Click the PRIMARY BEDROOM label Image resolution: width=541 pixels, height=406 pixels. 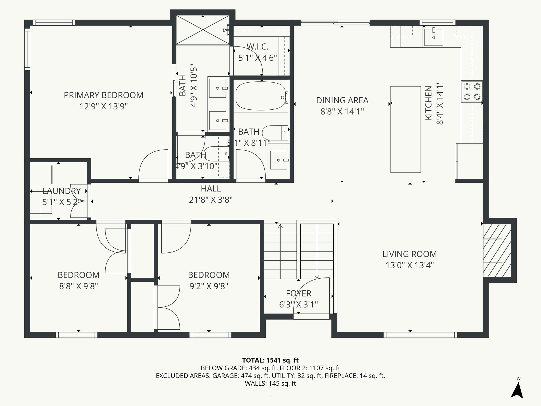[104, 95]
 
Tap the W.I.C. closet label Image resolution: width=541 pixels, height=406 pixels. [258, 47]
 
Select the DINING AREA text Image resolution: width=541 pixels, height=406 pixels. [342, 100]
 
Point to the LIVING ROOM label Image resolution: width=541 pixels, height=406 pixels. [410, 254]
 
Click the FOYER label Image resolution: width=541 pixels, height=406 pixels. [299, 293]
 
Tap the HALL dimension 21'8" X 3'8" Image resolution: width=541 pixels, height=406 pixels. [211, 200]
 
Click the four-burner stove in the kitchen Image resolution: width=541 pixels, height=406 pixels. [472, 91]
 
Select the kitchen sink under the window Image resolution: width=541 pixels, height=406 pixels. [433, 37]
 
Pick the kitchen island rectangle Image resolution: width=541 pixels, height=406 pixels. [405, 129]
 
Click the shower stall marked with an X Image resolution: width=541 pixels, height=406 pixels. [203, 30]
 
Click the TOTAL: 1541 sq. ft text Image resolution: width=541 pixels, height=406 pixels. [270, 360]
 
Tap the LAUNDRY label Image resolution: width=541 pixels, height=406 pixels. [62, 191]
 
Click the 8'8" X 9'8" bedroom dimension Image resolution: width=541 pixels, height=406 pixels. [78, 286]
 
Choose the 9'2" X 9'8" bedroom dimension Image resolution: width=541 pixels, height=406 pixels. [209, 286]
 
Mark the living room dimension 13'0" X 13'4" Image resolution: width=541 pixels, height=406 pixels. [410, 265]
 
